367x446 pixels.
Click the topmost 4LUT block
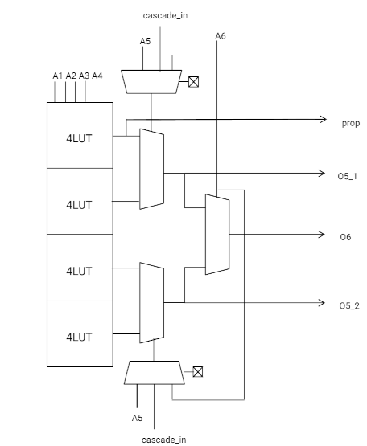(80, 135)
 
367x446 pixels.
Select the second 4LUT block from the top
(80, 202)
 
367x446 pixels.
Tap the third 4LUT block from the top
(80, 268)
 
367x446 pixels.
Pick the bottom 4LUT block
(80, 334)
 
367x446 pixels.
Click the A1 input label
(58, 76)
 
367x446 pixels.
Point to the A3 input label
(84, 76)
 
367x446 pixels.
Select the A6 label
(221, 36)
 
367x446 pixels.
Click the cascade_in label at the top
(165, 15)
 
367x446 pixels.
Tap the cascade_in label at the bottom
(164, 440)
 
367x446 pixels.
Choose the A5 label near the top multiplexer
(145, 41)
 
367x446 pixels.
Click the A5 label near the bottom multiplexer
(137, 418)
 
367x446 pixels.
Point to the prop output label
(351, 124)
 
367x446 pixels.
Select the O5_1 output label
(348, 176)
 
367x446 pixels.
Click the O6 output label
(345, 237)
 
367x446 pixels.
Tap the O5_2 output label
(349, 306)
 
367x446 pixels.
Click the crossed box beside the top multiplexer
(193, 82)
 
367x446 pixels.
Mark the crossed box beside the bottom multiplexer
(198, 372)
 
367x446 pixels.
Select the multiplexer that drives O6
(217, 235)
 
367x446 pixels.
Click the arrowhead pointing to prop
(323, 119)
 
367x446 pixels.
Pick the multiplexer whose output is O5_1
(151, 169)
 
